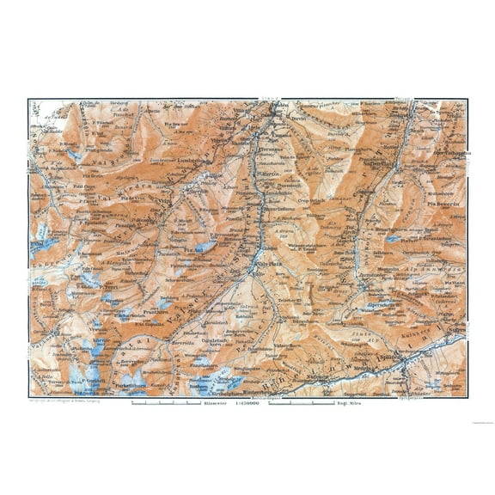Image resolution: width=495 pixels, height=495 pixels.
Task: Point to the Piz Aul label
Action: pyautogui.click(x=198, y=250)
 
